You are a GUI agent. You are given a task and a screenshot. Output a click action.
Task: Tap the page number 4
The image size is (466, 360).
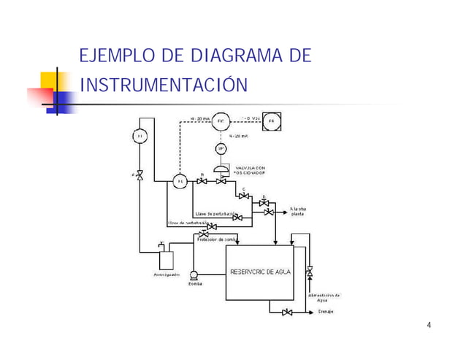428,325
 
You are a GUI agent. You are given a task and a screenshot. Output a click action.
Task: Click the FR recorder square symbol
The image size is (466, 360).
272,120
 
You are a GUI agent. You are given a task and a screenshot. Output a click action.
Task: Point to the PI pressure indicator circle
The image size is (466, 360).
140,136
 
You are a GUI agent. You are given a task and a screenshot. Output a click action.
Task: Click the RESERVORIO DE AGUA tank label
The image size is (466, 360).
261,272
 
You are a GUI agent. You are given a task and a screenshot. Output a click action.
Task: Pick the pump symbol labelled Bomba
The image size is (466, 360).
194,276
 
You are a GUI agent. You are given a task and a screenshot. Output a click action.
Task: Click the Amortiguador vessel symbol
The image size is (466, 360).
167,258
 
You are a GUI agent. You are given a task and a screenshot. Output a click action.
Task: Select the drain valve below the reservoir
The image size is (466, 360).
287,313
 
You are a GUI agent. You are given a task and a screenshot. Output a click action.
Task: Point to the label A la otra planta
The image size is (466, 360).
299,211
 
